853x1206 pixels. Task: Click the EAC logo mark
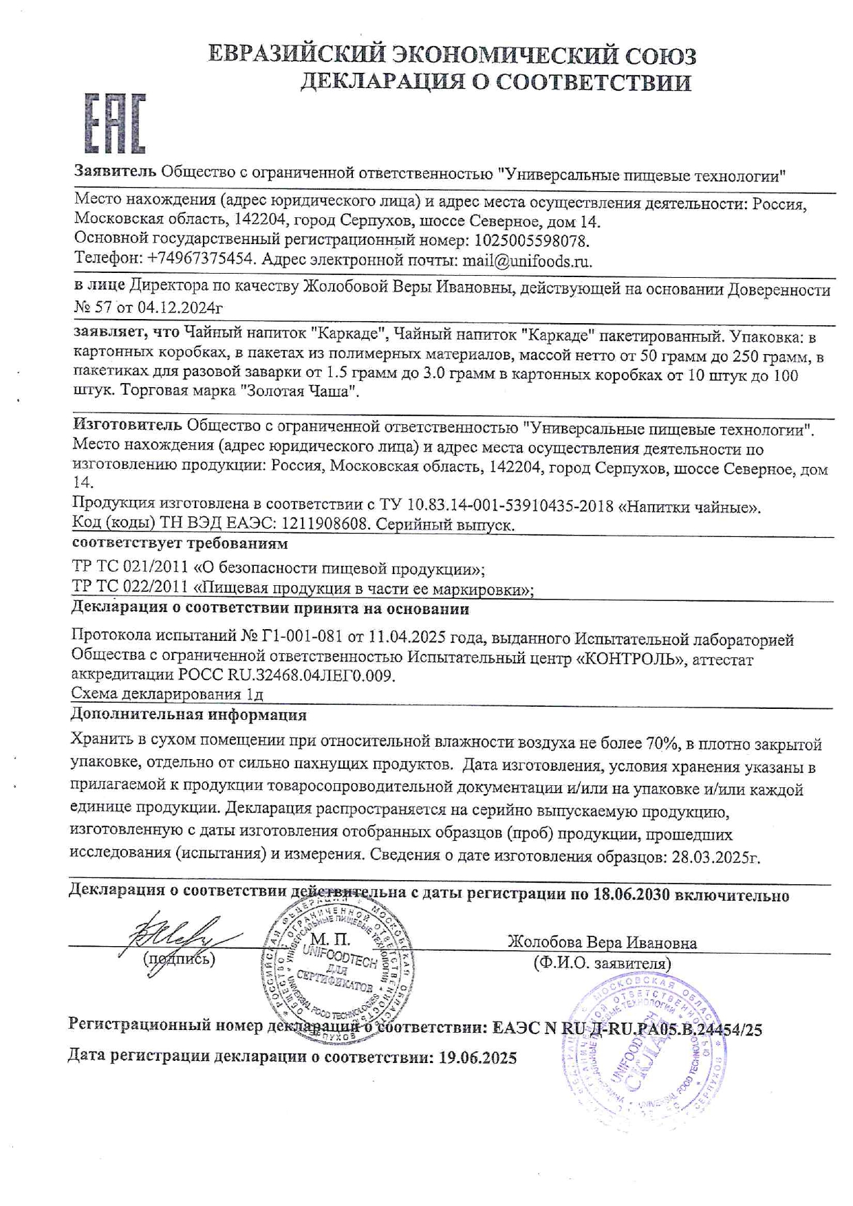coord(115,124)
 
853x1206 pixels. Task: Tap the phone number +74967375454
coord(199,261)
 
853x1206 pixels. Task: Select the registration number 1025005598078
coord(529,241)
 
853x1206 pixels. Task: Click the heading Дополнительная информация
coord(188,714)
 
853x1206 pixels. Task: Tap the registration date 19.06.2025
coord(477,1057)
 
